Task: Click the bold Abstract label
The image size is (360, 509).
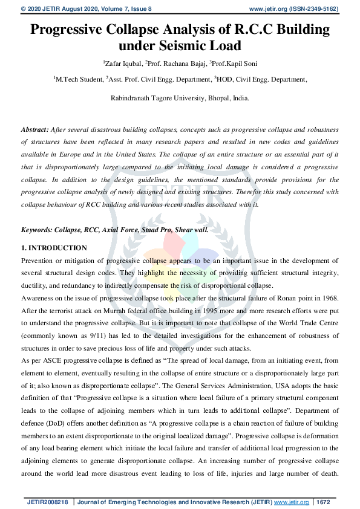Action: click(34, 129)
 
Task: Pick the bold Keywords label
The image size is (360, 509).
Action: click(38, 230)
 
